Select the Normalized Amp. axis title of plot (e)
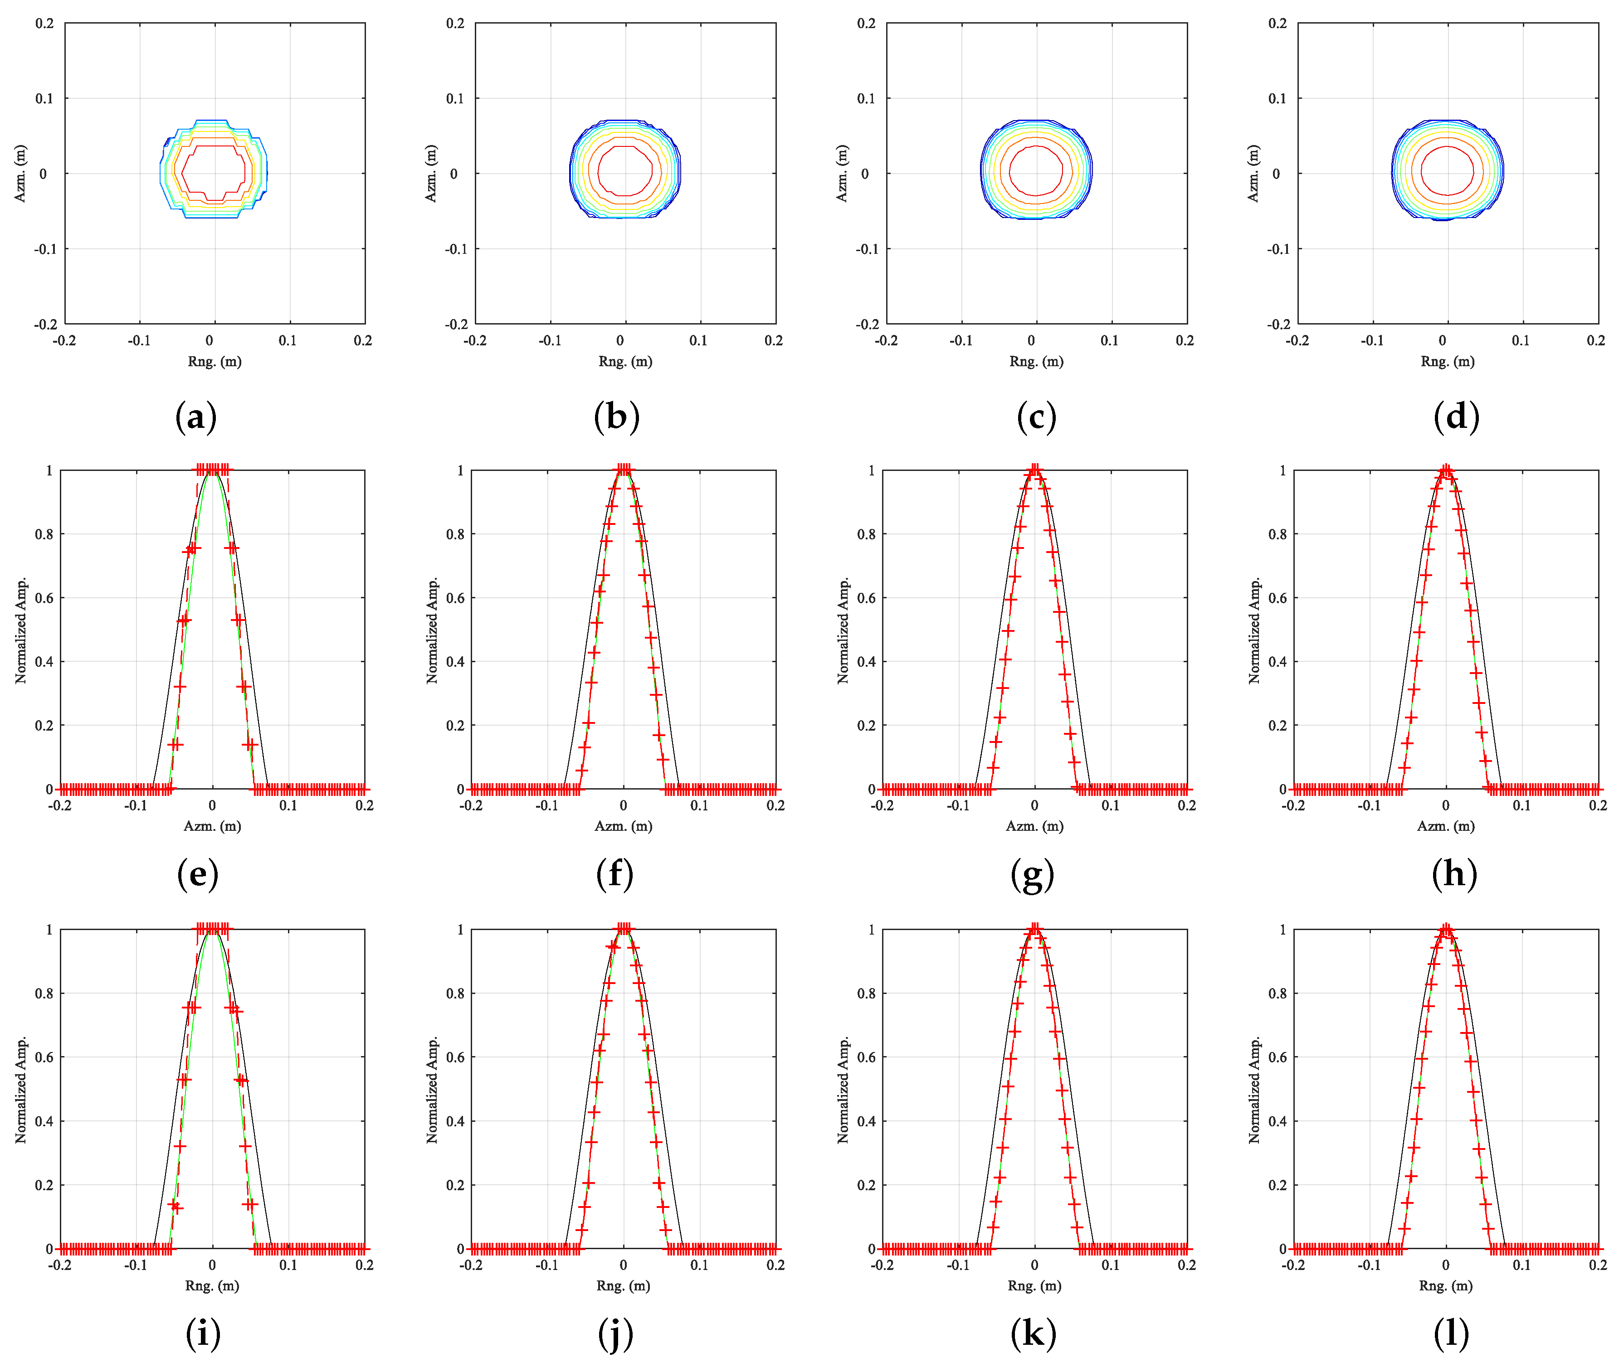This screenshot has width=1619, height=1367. (21, 630)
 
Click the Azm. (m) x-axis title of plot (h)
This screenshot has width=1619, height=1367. (1445, 826)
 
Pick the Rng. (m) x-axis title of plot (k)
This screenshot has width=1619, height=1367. (1034, 1285)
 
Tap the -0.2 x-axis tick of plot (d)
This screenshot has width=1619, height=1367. (1297, 341)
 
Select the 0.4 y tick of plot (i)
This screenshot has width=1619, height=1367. (44, 1120)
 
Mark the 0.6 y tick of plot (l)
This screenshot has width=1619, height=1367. (1277, 1057)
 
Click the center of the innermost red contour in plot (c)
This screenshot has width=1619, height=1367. (1036, 170)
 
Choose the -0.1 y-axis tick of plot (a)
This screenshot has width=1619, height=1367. (44, 249)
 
